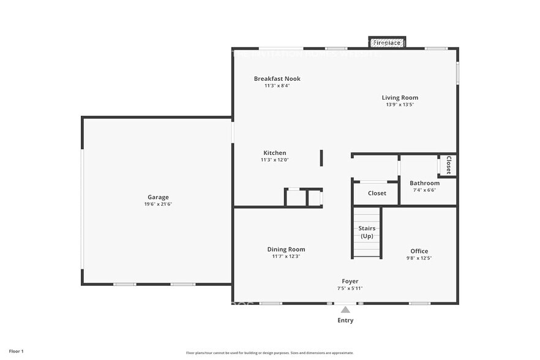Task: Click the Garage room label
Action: (x=158, y=197)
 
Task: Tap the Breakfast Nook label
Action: (x=277, y=78)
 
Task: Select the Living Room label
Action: (x=400, y=97)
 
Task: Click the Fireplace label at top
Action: (x=387, y=43)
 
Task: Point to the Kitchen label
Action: (x=274, y=153)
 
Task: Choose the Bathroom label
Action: (x=424, y=183)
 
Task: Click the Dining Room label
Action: (x=286, y=249)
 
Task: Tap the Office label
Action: (x=419, y=251)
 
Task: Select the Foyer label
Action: (x=350, y=282)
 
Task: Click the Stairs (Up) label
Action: (x=366, y=232)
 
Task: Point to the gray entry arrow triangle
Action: (x=345, y=310)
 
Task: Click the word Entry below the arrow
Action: (x=345, y=320)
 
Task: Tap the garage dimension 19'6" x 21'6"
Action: (x=158, y=204)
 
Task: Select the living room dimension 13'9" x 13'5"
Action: (x=400, y=105)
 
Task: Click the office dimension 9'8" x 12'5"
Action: (x=419, y=258)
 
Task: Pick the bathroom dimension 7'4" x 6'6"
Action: (x=424, y=190)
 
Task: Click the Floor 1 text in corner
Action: (x=16, y=351)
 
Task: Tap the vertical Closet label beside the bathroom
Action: (x=448, y=165)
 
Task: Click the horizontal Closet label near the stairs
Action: (x=377, y=193)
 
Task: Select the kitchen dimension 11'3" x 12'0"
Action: (x=274, y=160)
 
